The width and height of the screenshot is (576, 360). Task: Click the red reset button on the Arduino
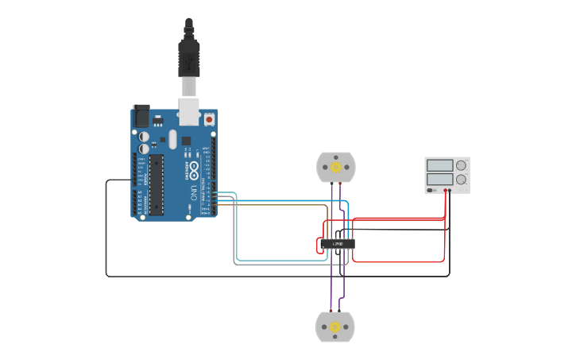(209, 119)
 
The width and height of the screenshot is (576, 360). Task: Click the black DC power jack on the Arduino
(141, 116)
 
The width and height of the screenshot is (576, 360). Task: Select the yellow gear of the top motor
(336, 168)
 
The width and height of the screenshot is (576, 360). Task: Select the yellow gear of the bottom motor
(335, 327)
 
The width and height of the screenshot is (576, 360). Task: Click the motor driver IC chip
(337, 243)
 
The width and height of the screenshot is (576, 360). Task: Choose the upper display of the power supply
(439, 165)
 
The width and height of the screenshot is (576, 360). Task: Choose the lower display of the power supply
(439, 179)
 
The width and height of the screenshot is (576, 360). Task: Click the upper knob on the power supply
(461, 165)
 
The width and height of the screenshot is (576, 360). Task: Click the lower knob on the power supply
(461, 179)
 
